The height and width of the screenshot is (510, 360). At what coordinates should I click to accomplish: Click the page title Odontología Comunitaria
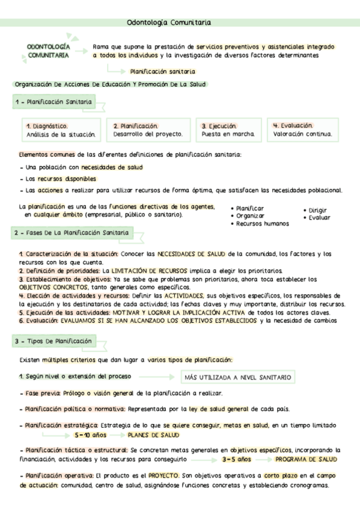(169, 23)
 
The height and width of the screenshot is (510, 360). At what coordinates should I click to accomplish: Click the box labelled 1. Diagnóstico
(57, 130)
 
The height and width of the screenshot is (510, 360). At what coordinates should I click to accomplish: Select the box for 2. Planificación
(147, 130)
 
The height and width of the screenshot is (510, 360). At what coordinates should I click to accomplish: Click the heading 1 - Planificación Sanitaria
(53, 103)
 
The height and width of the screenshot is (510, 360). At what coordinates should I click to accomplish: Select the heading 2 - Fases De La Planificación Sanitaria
(71, 232)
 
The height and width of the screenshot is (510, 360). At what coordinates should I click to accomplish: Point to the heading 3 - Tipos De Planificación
(53, 342)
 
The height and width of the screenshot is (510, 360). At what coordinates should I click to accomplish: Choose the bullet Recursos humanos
(262, 224)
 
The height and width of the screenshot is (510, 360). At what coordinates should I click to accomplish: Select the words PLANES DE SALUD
(154, 435)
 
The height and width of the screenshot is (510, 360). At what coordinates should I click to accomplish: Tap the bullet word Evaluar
(319, 218)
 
